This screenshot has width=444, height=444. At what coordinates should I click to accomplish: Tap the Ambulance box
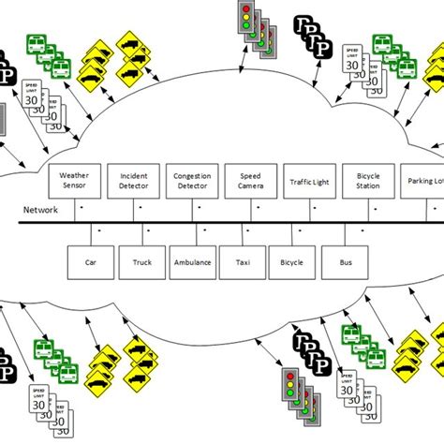[x=194, y=263]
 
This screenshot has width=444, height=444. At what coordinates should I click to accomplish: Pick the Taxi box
[x=243, y=263]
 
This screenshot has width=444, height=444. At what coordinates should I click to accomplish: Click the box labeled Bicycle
[x=291, y=263]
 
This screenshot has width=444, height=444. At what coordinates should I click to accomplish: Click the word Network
[x=39, y=210]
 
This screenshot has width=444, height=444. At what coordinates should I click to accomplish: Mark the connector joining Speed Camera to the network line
[x=248, y=210]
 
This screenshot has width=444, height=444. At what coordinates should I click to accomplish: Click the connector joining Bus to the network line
[x=331, y=234]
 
